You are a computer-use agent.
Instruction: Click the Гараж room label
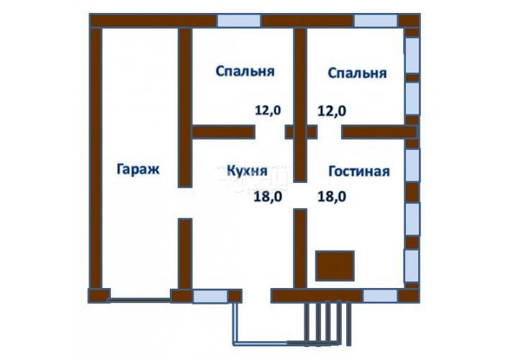[138, 170]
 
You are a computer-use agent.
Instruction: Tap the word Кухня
[247, 171]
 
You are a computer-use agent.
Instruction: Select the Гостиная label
[359, 171]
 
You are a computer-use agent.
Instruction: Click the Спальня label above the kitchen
[245, 71]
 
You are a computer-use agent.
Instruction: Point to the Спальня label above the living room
[357, 73]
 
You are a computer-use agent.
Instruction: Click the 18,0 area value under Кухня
[268, 197]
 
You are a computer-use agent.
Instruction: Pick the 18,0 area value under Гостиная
[332, 197]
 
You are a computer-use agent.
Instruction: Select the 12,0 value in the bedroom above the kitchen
[268, 110]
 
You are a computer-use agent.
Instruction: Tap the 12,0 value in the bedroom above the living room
[332, 111]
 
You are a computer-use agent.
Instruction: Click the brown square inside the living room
[335, 266]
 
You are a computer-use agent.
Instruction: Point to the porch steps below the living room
[327, 323]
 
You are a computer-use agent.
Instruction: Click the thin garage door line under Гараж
[140, 298]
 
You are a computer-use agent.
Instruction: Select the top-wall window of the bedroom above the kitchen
[239, 21]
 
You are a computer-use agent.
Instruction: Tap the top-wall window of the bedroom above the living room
[376, 21]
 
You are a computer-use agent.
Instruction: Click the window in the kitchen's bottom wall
[210, 297]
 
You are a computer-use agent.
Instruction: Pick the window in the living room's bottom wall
[380, 296]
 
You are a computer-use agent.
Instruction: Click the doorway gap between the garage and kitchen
[185, 203]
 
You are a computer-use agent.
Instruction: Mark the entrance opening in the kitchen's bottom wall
[256, 296]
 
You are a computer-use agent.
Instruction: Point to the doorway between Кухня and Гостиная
[300, 195]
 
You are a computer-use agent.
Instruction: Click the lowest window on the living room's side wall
[412, 266]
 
